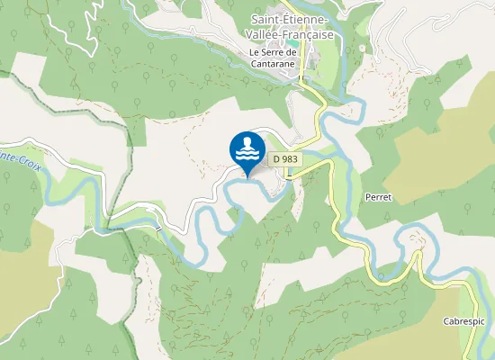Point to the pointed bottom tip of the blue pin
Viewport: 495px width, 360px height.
click(x=247, y=175)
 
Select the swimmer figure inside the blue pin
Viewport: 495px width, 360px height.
click(x=247, y=144)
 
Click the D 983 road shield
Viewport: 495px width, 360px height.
click(x=284, y=159)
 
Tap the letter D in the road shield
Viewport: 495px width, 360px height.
click(x=274, y=159)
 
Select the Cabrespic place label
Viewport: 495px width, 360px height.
click(x=463, y=321)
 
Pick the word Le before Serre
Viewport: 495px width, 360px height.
click(x=255, y=52)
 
